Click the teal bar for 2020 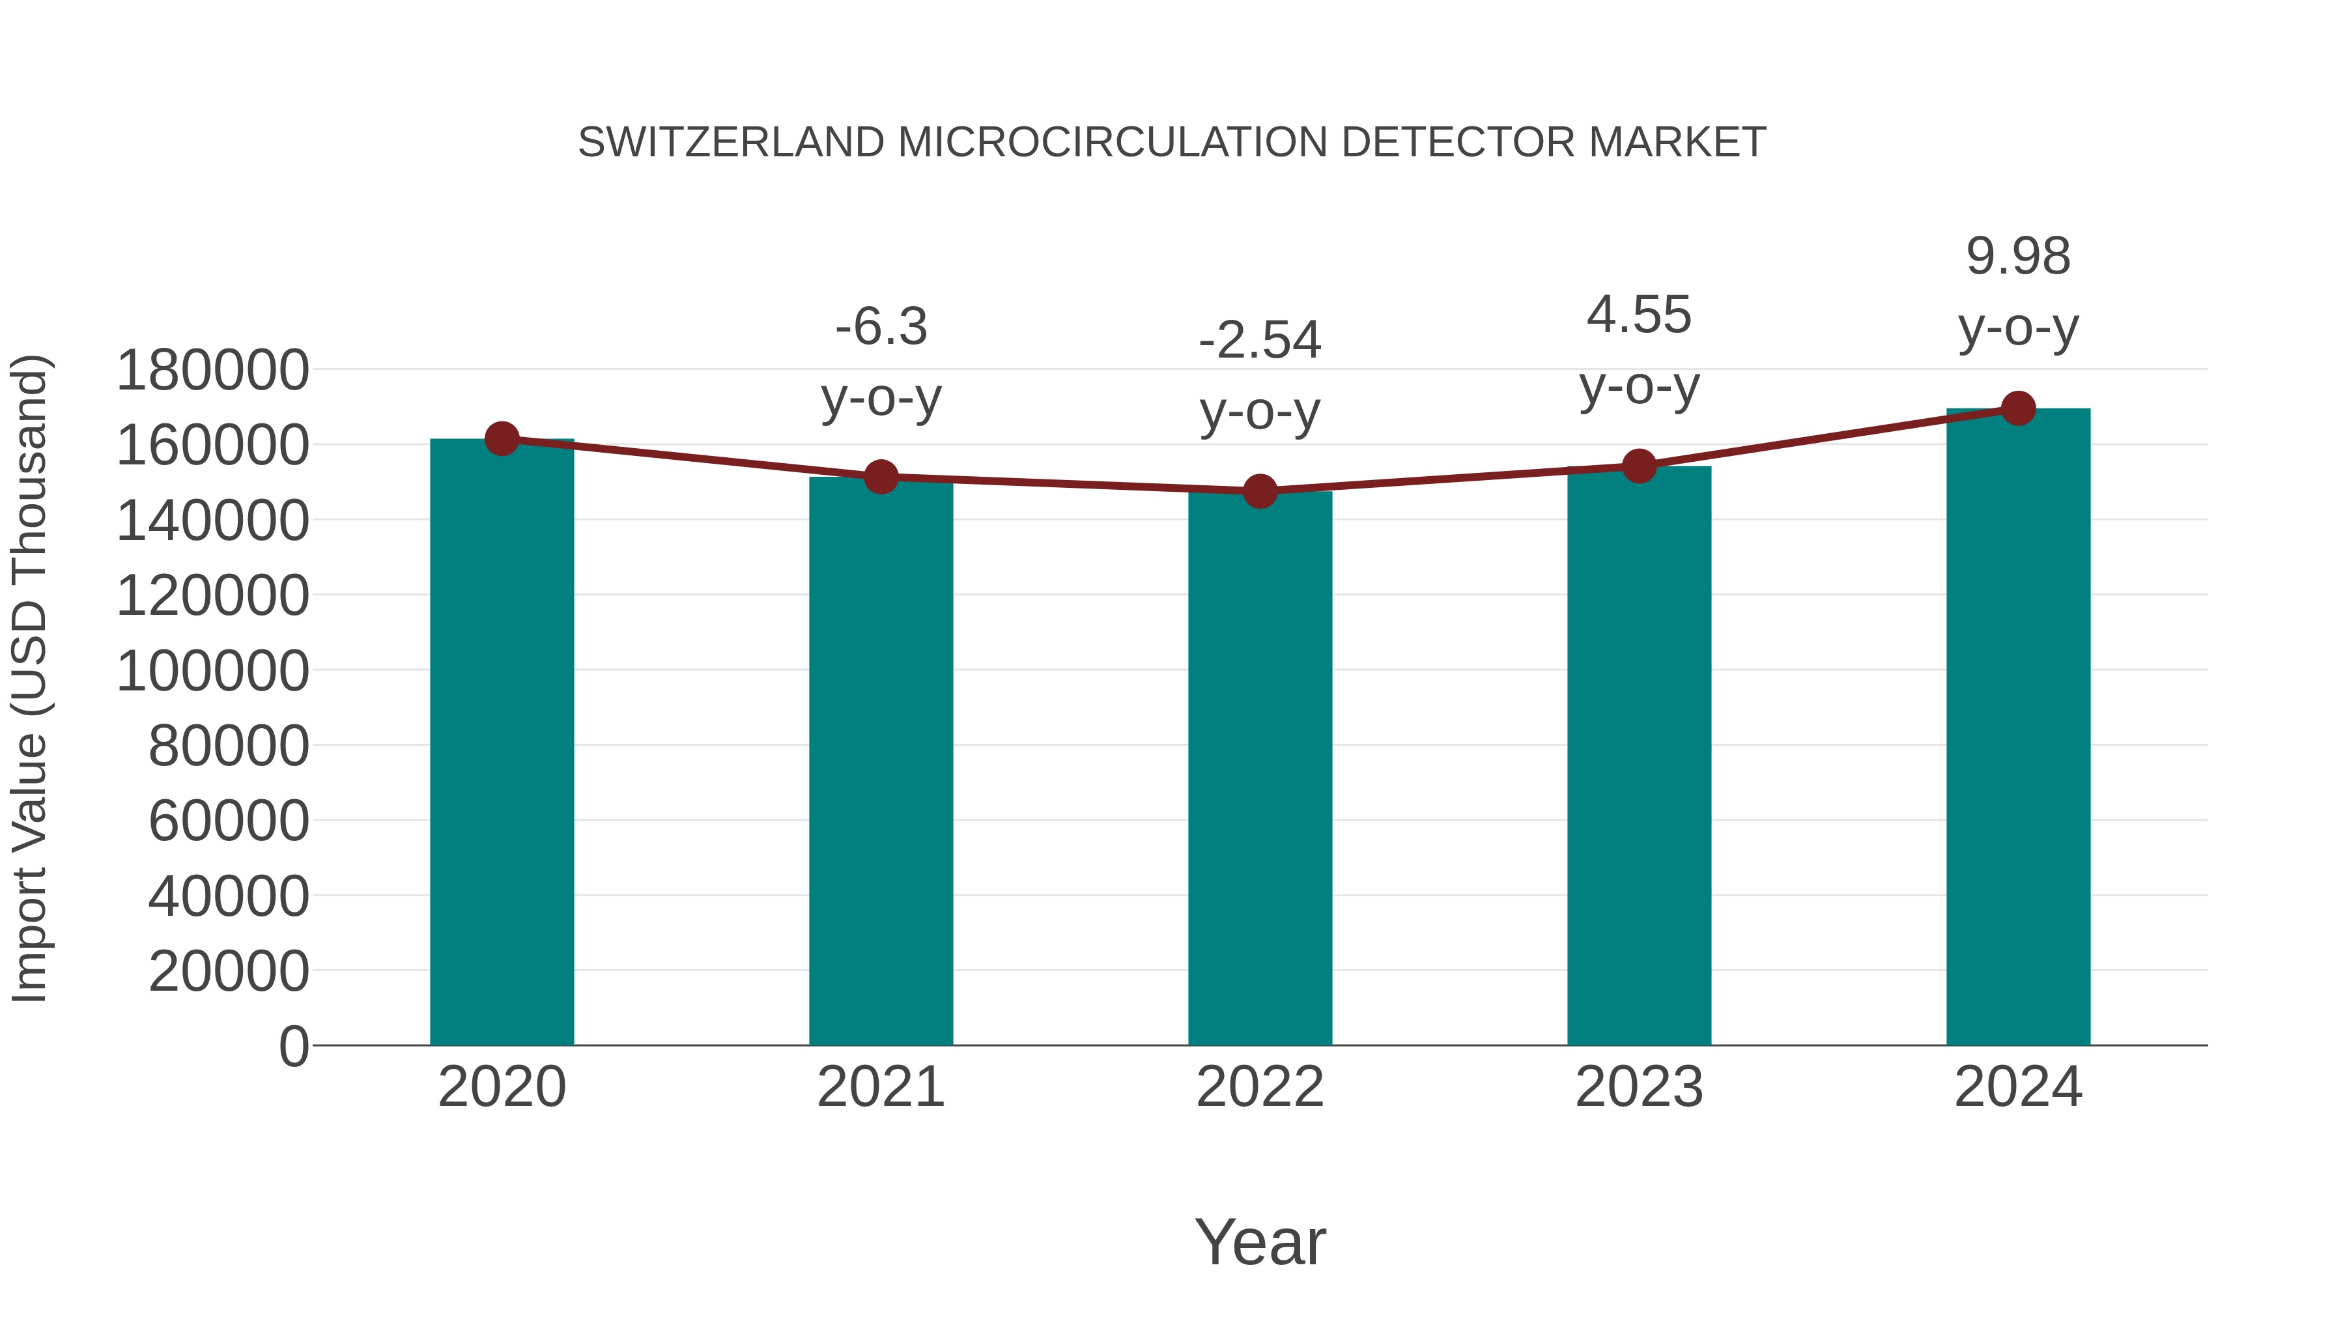(x=502, y=742)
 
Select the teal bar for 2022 (x=1260, y=769)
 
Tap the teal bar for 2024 (x=2018, y=728)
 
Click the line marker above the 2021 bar (x=880, y=476)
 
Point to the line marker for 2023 (x=1639, y=466)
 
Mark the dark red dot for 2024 (x=2018, y=408)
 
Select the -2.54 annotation (x=1260, y=341)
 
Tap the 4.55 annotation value (x=1639, y=316)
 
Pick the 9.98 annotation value (x=2018, y=257)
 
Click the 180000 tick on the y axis (x=213, y=371)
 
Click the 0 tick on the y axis (x=294, y=1047)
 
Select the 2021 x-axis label (x=880, y=1088)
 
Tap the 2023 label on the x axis (x=1639, y=1088)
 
